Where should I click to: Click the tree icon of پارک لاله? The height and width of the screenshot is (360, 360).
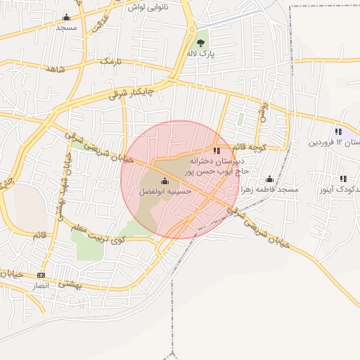coord(201,43)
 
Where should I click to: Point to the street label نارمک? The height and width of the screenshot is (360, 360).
coord(115,63)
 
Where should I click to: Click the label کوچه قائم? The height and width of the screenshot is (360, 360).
coord(249,147)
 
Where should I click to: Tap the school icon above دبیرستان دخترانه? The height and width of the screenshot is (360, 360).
coord(217,150)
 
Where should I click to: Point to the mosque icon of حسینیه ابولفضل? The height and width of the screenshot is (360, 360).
coord(165,181)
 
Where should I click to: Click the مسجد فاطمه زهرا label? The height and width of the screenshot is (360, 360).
coord(269,190)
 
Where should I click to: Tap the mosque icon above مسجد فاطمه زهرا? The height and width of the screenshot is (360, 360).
coord(269,179)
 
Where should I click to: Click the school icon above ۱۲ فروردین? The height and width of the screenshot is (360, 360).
coord(339,131)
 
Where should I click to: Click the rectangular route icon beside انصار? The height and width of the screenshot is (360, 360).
coord(41,275)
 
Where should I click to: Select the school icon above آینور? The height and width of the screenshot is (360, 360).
coord(343,179)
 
